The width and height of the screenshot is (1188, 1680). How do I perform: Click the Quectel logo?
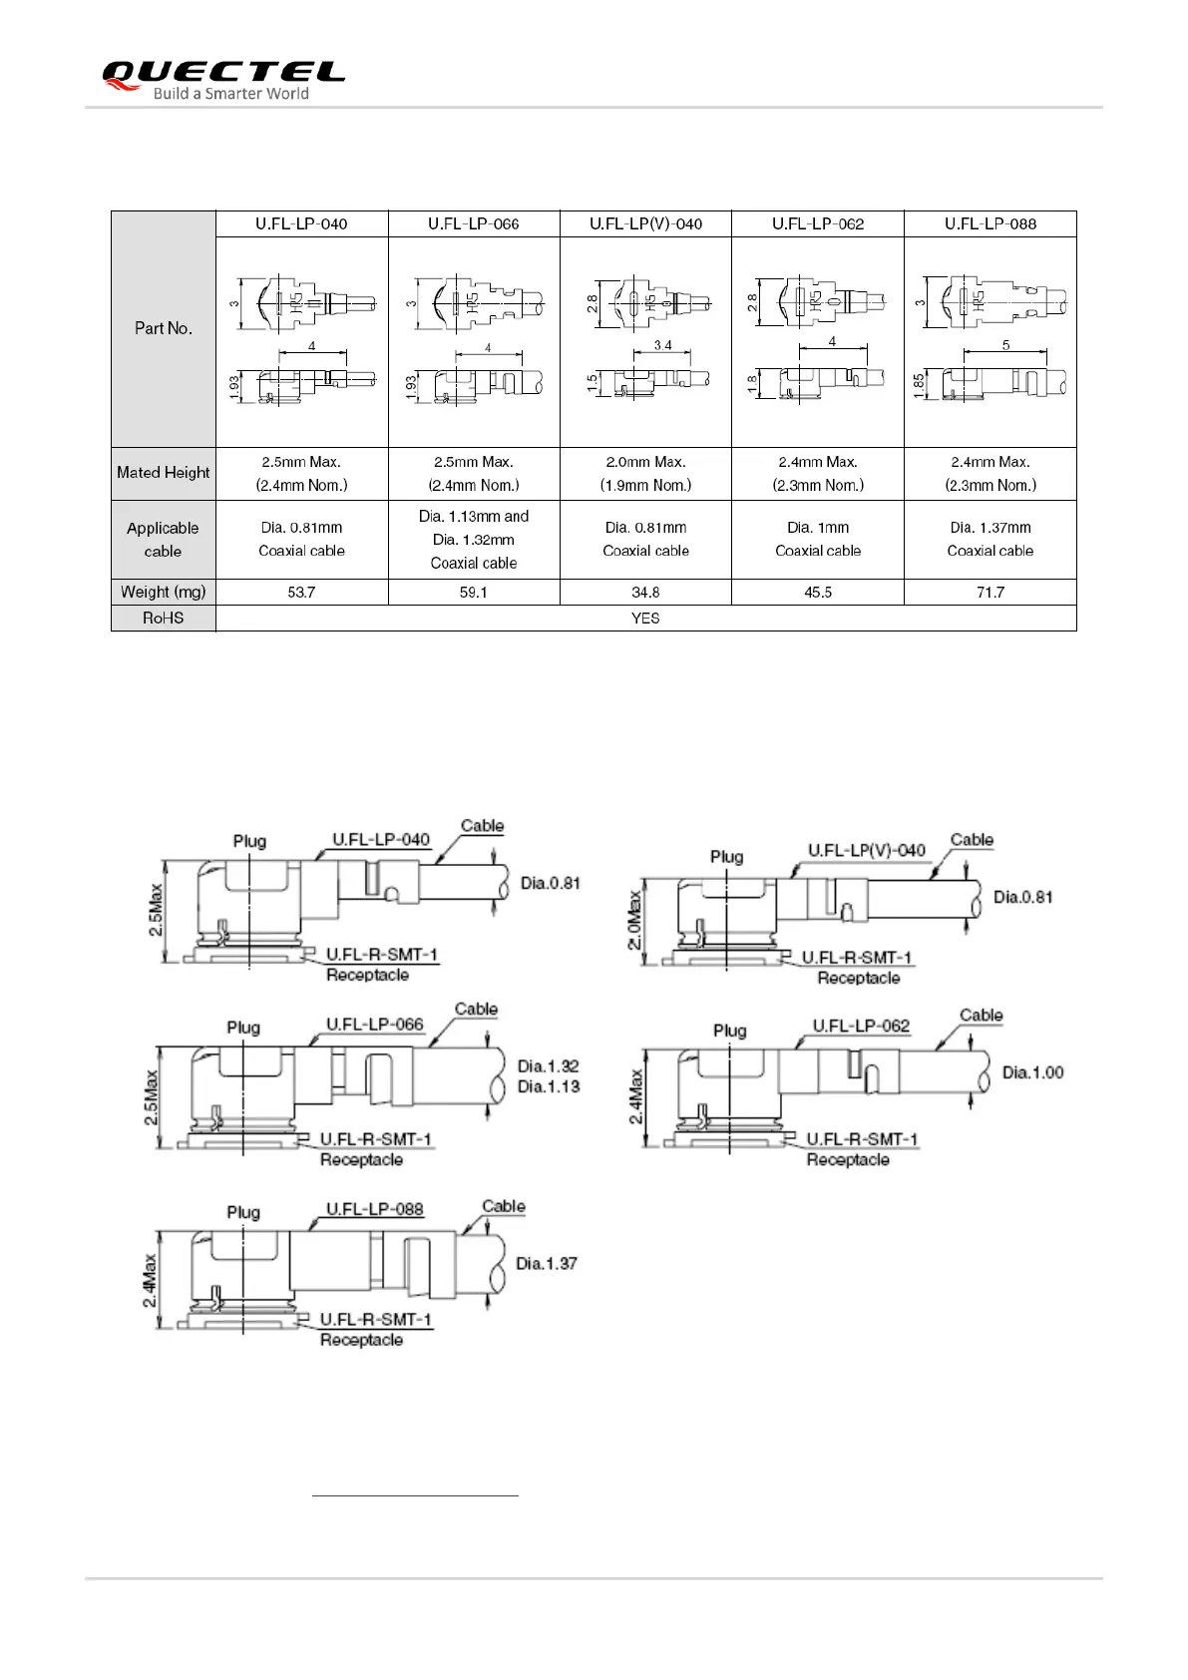[x=223, y=80]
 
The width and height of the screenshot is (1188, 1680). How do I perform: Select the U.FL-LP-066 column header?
[x=473, y=223]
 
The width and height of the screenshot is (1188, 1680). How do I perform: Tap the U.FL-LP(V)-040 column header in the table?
[x=645, y=223]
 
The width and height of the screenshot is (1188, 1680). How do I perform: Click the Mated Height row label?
[x=164, y=473]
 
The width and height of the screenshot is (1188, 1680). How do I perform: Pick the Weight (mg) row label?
[x=164, y=592]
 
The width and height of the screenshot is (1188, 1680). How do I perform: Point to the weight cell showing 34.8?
[x=645, y=593]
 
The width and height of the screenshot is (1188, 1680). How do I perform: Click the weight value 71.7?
[x=990, y=593]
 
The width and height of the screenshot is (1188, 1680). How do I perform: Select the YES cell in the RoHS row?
[x=645, y=619]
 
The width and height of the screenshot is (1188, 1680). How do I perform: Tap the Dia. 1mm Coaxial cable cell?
[x=817, y=539]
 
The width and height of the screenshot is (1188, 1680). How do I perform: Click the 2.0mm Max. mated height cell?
[x=645, y=473]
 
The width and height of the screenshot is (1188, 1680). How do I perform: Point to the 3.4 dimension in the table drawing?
[x=662, y=345]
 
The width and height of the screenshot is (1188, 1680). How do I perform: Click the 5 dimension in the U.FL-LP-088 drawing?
[x=1005, y=345]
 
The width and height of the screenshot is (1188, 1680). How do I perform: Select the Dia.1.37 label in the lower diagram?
[x=546, y=1264]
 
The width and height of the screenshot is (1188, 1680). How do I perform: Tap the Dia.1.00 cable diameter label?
[x=1032, y=1072]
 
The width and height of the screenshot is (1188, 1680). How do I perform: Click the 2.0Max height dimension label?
[x=635, y=921]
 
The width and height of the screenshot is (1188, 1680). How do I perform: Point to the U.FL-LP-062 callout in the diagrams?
[x=861, y=1026]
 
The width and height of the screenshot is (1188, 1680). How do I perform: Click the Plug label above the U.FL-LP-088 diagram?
[x=243, y=1212]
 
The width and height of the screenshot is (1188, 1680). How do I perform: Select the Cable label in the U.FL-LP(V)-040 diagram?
[x=972, y=840]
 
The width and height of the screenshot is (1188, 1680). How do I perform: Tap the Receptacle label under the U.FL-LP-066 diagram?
[x=361, y=1159]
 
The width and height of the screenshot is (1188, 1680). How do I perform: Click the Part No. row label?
[x=164, y=328]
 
